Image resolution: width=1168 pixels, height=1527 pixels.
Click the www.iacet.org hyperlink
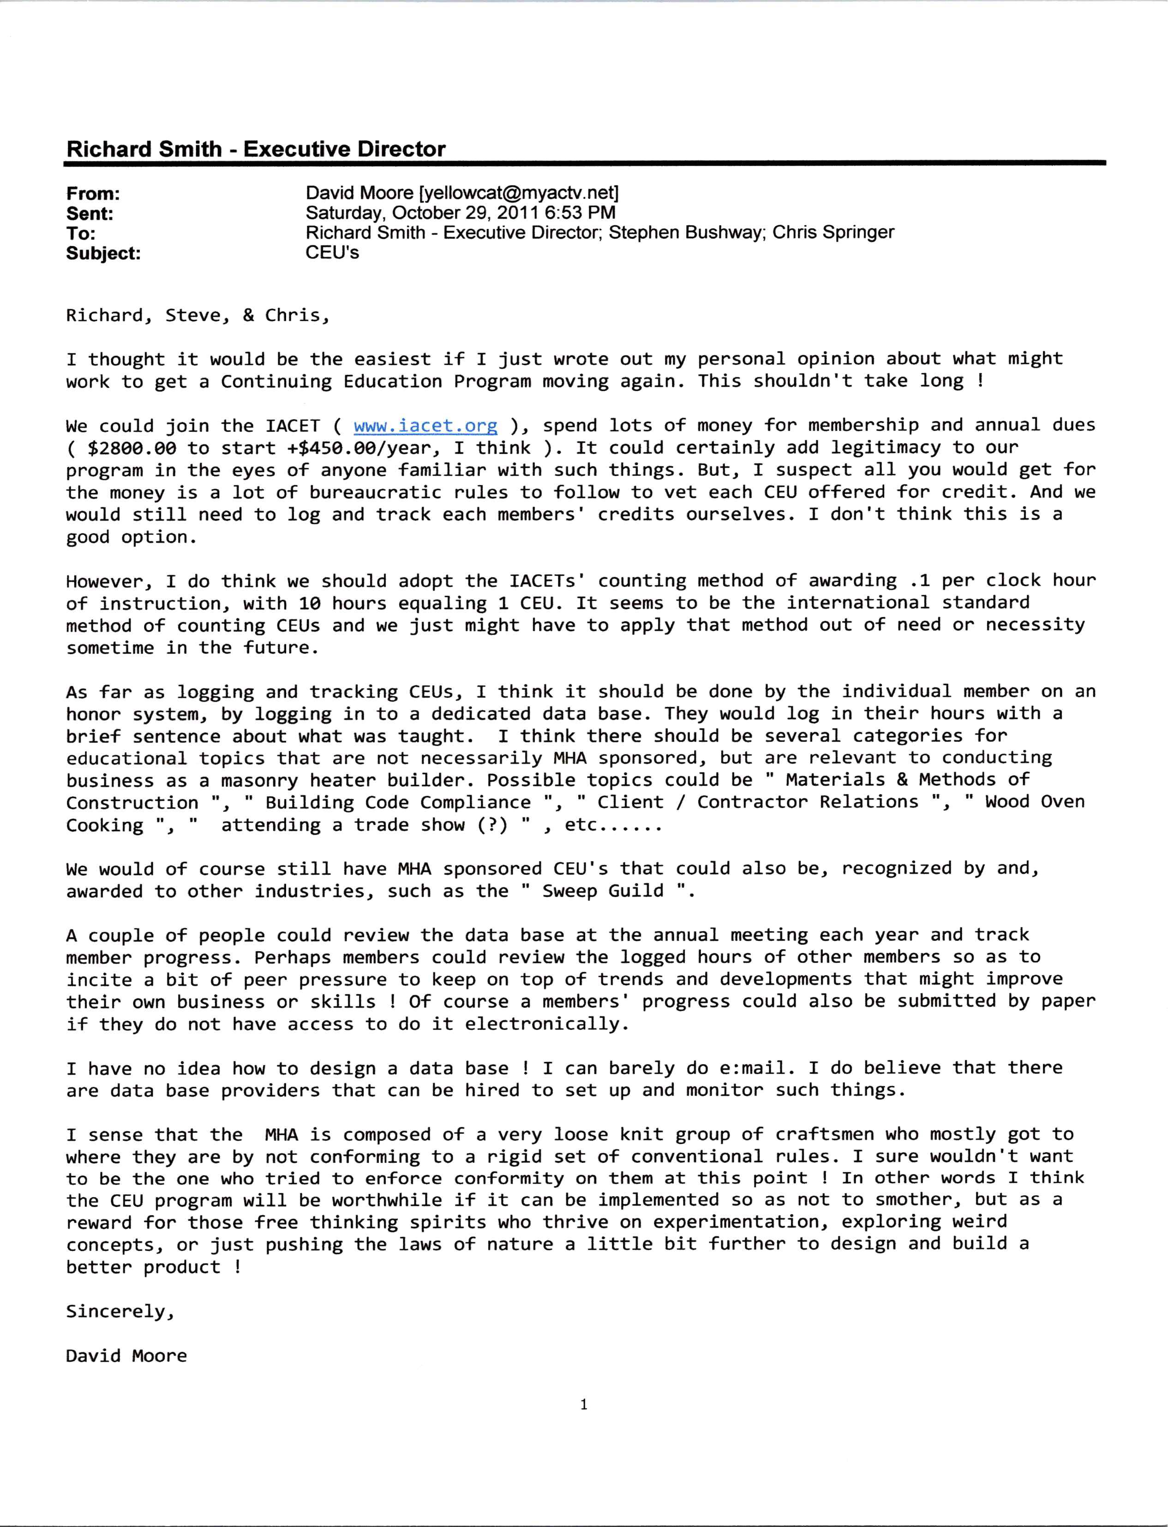(x=425, y=425)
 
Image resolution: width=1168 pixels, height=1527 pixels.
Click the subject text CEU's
(x=332, y=252)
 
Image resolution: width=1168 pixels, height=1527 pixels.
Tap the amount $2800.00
(x=132, y=448)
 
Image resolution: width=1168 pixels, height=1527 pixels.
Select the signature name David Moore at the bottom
(x=126, y=1356)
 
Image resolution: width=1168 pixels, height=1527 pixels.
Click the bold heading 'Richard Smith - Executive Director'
(x=256, y=149)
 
